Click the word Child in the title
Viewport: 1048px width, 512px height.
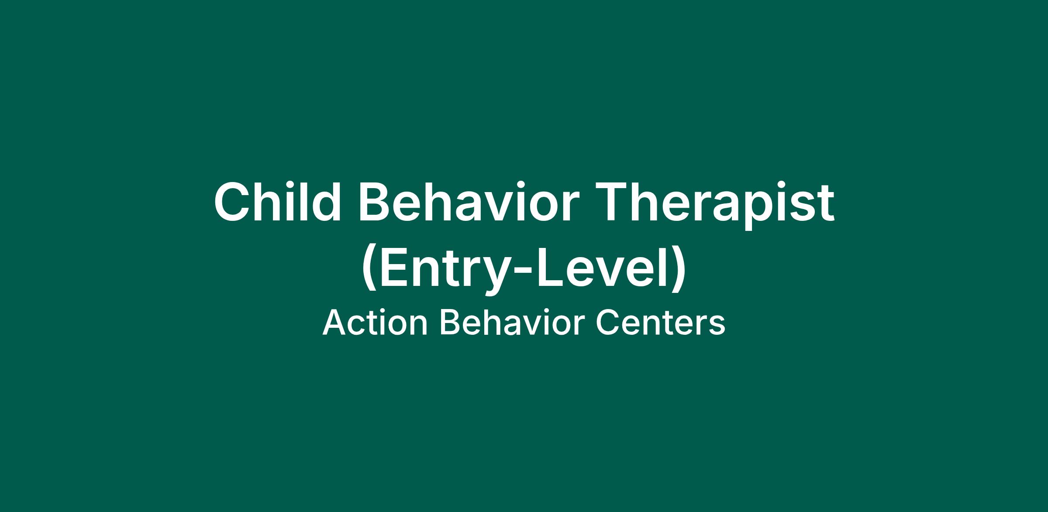[x=277, y=202]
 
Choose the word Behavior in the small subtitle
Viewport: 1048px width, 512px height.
[x=512, y=323]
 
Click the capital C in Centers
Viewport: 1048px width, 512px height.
[x=608, y=323]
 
